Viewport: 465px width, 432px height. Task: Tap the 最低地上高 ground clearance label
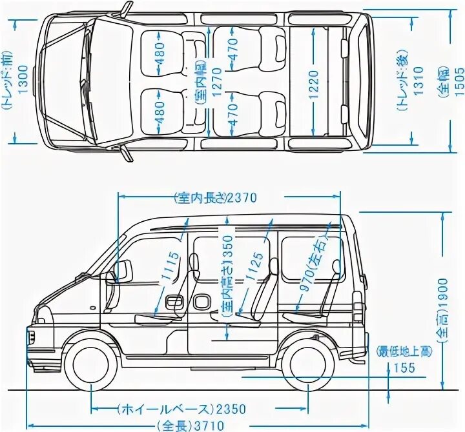click(405, 351)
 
